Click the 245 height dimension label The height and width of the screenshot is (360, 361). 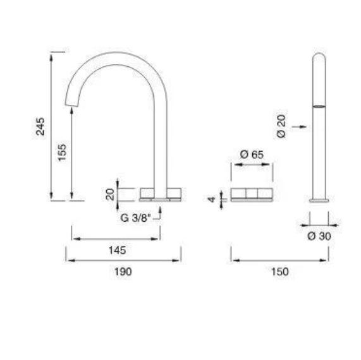[x=40, y=126]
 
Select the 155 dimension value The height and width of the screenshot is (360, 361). [x=62, y=152]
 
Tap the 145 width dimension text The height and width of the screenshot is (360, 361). [x=117, y=250]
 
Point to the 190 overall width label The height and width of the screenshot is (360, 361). [x=123, y=272]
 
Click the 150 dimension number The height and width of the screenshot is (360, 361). [x=280, y=272]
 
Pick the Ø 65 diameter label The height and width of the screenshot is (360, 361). [x=252, y=154]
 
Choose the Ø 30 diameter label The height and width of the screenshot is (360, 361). [x=319, y=236]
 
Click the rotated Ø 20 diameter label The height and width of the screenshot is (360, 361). [x=281, y=126]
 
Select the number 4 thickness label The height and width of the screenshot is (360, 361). [x=212, y=199]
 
